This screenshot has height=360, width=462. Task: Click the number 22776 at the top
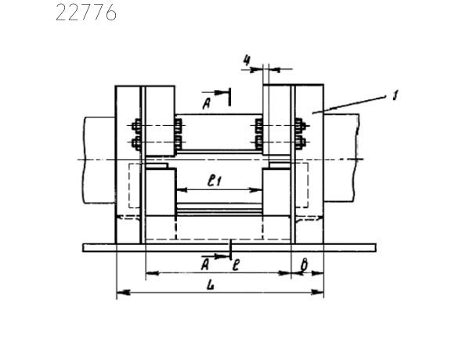[x=86, y=13]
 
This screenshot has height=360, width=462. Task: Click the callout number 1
[x=395, y=95]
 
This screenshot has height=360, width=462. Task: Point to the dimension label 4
[x=247, y=60]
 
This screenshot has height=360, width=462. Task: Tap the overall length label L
[x=210, y=285]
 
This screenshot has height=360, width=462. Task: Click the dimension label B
[x=305, y=265]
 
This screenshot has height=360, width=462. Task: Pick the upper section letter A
[x=207, y=103]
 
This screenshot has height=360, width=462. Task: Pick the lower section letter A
[x=205, y=265]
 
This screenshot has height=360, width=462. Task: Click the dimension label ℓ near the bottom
[x=236, y=265]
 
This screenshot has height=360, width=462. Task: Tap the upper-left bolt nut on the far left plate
[x=136, y=126]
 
